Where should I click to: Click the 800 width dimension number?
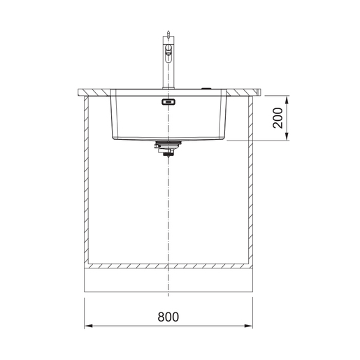[x=168, y=316]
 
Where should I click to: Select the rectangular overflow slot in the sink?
[x=167, y=103]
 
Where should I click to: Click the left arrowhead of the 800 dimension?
[x=88, y=326]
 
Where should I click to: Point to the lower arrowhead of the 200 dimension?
[x=287, y=138]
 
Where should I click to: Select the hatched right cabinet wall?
[x=250, y=182]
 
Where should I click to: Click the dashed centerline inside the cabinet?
[x=168, y=210]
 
